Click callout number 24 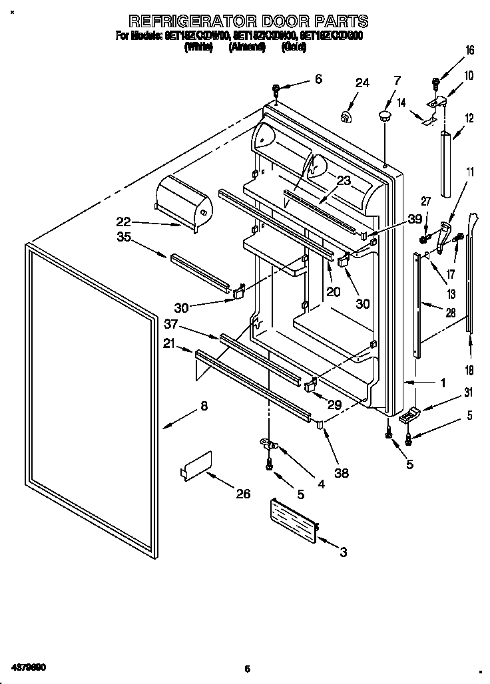click(362, 83)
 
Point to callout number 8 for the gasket click(203, 407)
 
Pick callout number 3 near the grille click(344, 552)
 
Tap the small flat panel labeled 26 click(196, 464)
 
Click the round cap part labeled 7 click(385, 117)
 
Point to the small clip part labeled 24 click(346, 118)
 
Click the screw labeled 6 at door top click(276, 88)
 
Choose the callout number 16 click(469, 50)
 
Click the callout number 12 click(469, 118)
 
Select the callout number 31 click(468, 391)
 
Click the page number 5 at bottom click(246, 669)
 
